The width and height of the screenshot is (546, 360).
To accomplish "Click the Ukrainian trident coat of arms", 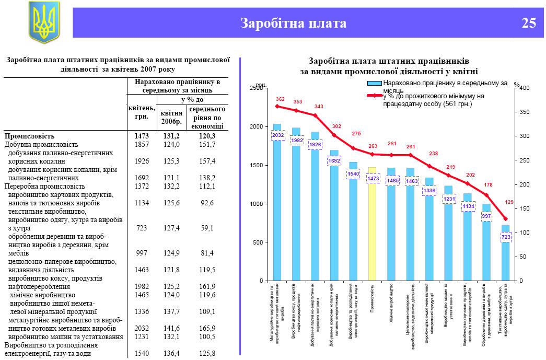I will [x=44, y=21].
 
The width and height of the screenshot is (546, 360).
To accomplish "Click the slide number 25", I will [x=528, y=23].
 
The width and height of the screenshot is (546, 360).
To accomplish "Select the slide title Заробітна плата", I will [x=293, y=23].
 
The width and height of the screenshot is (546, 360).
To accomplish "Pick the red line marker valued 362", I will [x=277, y=106].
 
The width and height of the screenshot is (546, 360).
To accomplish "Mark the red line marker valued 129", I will [x=505, y=218].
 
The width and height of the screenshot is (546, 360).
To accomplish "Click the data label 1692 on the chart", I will [x=334, y=161].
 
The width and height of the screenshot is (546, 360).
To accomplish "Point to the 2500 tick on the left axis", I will [x=256, y=88].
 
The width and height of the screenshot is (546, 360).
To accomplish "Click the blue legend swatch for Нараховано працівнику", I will [x=374, y=83].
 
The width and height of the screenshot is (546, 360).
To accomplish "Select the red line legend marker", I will [x=374, y=96].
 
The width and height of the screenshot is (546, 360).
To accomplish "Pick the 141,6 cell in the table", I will [x=171, y=329].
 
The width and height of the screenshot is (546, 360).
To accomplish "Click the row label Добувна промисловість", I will [x=41, y=144].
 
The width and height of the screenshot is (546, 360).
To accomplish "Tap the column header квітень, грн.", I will [x=142, y=112].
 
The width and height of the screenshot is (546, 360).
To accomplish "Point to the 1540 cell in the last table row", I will [x=142, y=354].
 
